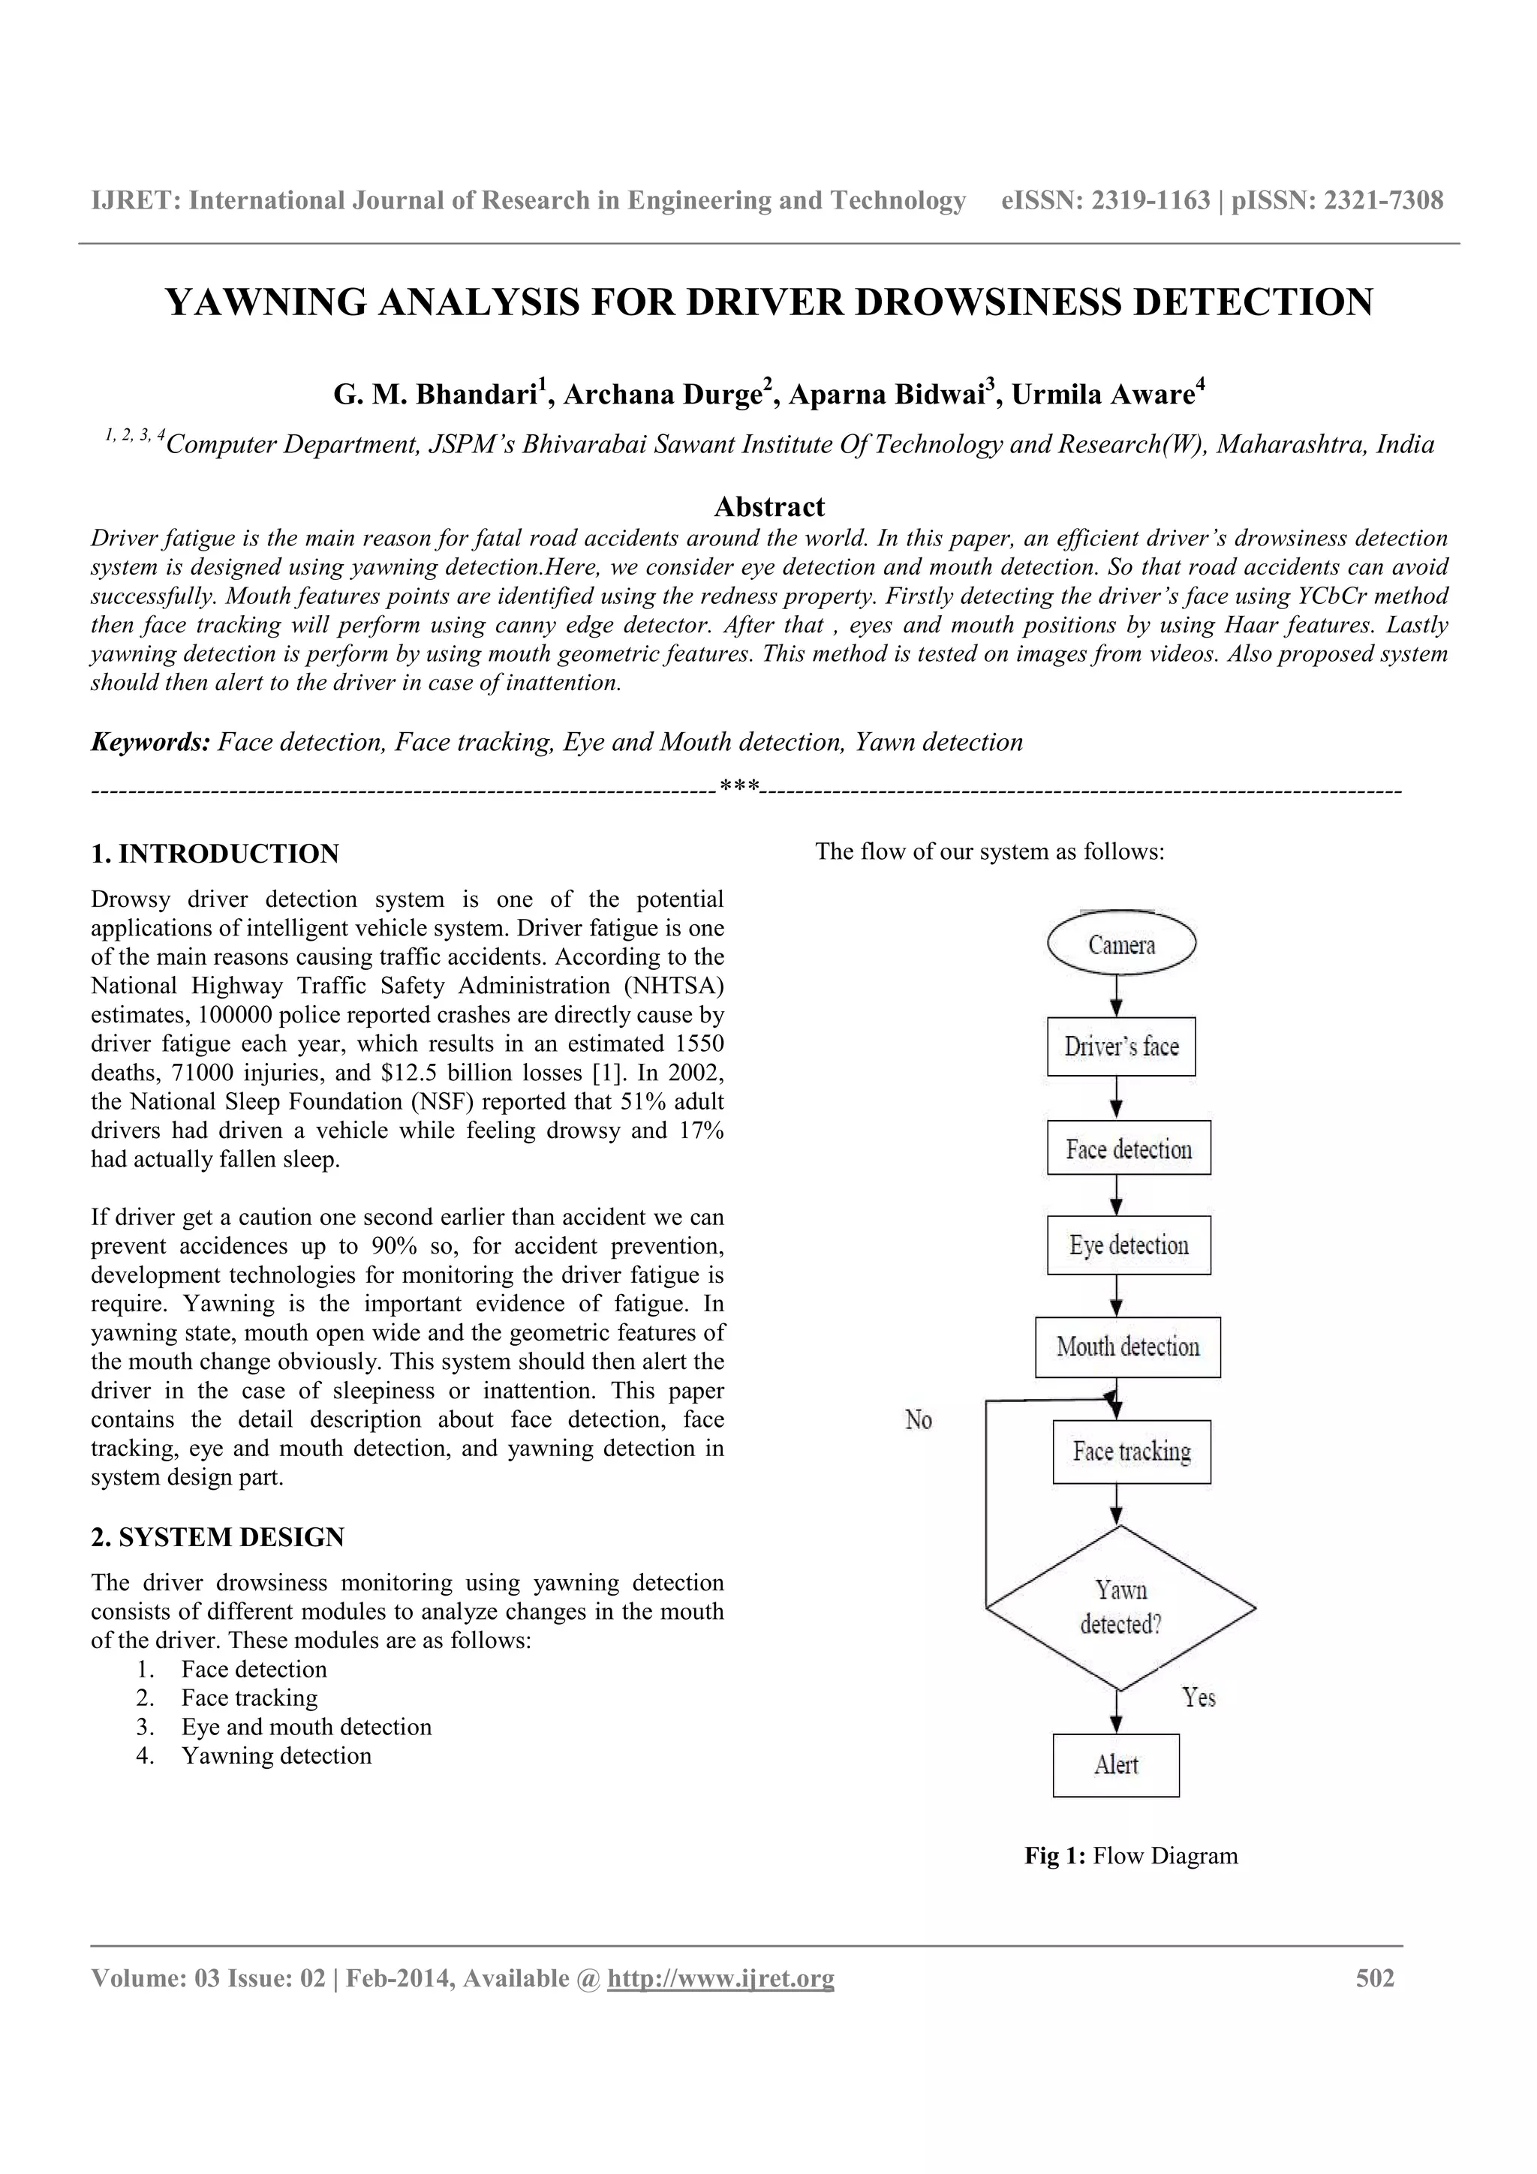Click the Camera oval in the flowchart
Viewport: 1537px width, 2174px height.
(1121, 944)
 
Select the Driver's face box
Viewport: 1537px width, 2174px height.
(1121, 1046)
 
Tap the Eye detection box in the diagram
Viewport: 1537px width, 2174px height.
(1129, 1245)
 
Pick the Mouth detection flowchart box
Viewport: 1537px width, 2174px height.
(1128, 1347)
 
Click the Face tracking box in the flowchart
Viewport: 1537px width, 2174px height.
(1132, 1452)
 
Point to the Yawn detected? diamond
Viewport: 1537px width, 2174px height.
(1120, 1607)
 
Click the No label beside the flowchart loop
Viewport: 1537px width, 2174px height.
(919, 1419)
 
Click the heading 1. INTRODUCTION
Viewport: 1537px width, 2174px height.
(215, 853)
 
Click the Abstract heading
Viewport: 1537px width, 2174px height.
(769, 506)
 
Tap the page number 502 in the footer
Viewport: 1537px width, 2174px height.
(1375, 1978)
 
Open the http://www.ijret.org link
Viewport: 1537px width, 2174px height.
(720, 1978)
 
